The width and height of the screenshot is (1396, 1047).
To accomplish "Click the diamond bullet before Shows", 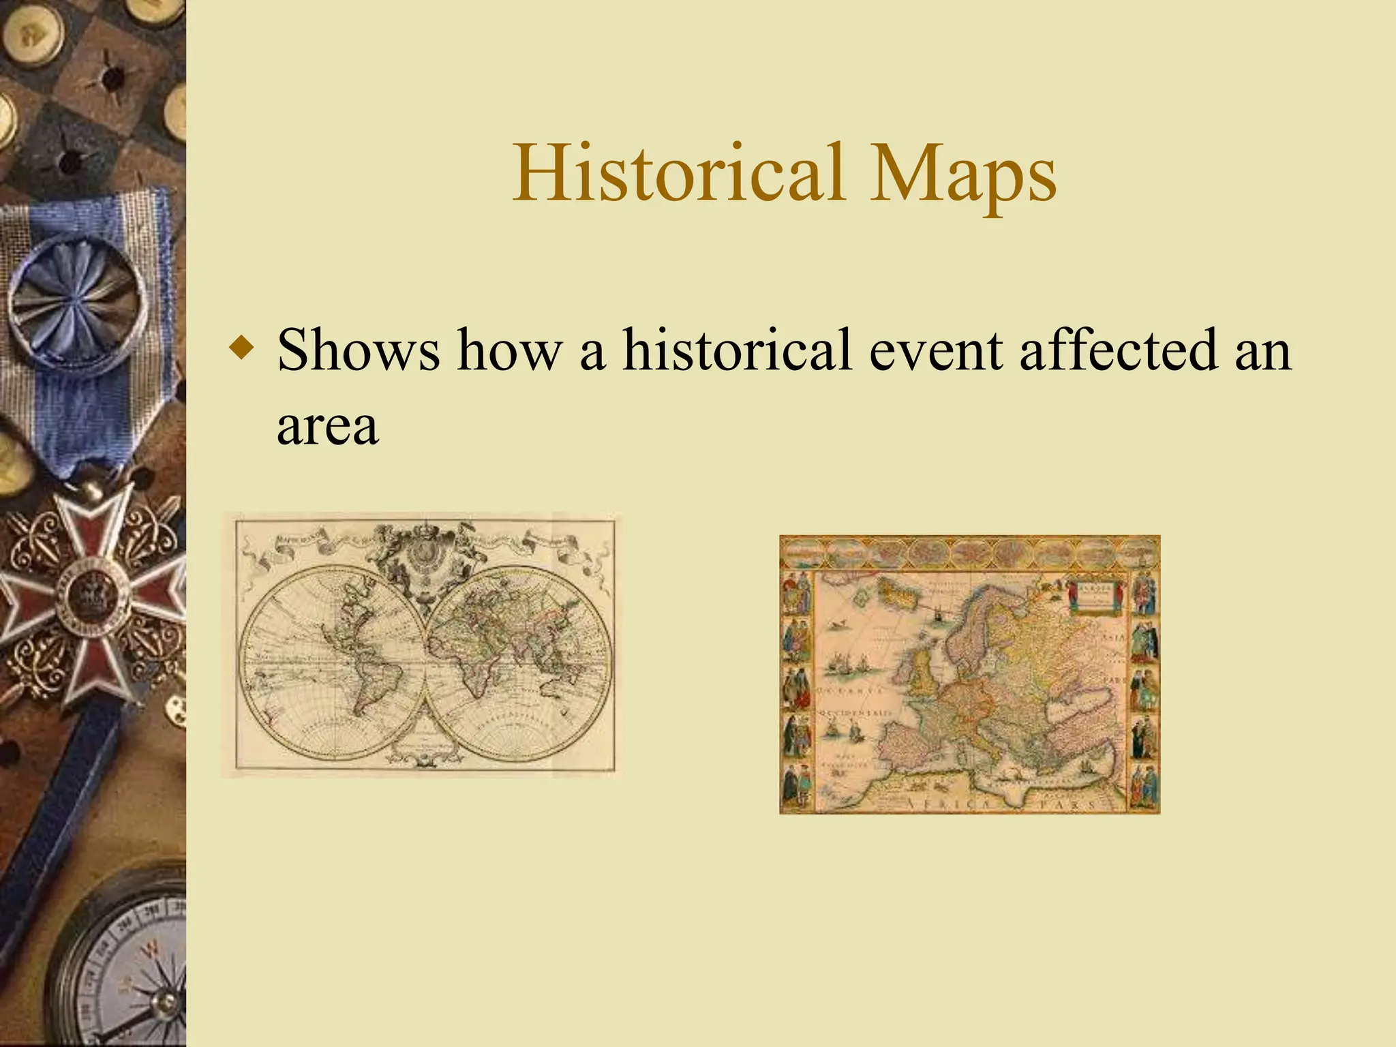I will click(243, 348).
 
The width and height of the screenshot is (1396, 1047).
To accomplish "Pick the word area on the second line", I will click(327, 425).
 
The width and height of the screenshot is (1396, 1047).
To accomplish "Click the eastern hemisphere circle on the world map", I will click(519, 662).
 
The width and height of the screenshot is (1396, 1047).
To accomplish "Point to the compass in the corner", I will click(130, 968).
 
